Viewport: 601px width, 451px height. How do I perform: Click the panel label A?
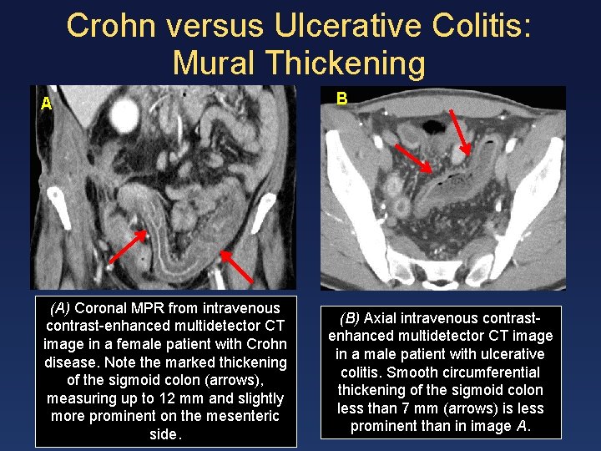(47, 104)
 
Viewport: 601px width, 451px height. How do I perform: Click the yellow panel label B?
(341, 99)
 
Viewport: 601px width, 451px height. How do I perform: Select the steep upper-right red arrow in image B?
(460, 131)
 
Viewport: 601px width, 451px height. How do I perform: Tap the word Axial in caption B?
(381, 318)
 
